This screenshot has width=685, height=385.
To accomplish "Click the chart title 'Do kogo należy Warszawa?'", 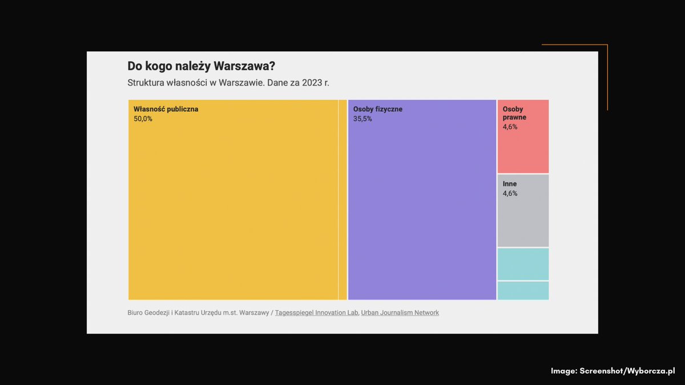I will pos(201,66).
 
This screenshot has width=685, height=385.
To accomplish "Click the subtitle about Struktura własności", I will pos(228,83).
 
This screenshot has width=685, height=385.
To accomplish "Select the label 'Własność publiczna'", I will pos(166,109).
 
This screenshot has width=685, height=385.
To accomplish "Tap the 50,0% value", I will pos(143,119).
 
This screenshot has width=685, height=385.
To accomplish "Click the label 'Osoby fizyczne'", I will pos(377,109).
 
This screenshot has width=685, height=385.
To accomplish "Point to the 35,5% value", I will pos(362,119).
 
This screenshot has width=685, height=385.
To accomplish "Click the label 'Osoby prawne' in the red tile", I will pos(514,113).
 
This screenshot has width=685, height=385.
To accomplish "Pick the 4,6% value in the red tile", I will pos(510,127).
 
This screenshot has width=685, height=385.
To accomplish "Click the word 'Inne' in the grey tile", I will pos(510,184).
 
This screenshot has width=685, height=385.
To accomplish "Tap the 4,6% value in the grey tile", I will pos(510,193).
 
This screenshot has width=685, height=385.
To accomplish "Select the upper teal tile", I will pos(523,264).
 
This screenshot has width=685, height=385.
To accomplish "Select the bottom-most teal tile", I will pos(523,290).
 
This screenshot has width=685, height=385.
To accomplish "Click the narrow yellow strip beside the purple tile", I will pos(342,200).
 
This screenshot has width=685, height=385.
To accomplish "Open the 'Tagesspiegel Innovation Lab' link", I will pos(316,313).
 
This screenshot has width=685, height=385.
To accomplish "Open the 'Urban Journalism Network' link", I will pos(400,313).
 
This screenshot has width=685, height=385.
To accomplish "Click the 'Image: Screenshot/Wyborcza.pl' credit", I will pos(613,371).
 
